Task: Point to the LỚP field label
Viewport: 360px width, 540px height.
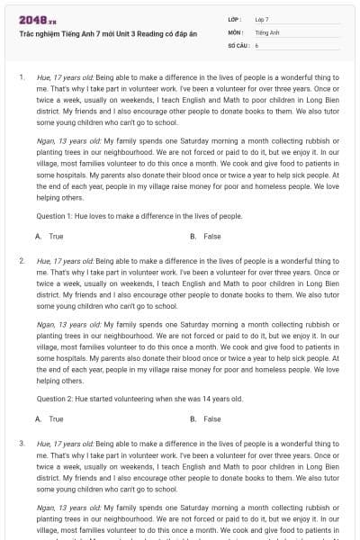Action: [x=235, y=18]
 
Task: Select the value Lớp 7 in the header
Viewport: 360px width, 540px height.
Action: [x=262, y=18]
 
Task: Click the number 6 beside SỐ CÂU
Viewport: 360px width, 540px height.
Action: [x=256, y=44]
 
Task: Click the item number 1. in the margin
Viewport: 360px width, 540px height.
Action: [x=21, y=77]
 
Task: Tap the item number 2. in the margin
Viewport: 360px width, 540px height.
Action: [x=21, y=260]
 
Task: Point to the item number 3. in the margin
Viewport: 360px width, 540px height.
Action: [x=21, y=443]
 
